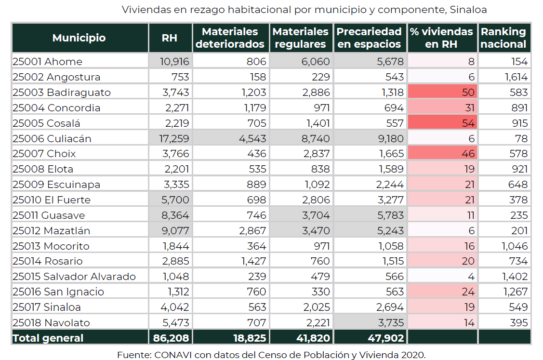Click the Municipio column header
coord(79,38)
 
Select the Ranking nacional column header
coord(503,38)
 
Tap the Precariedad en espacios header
coord(369,38)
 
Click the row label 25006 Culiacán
coord(52,139)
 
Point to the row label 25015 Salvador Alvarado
coord(74,277)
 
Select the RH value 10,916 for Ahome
coord(174,62)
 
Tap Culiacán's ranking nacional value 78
coord(521,139)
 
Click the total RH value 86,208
coord(171,338)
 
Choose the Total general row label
coord(48,338)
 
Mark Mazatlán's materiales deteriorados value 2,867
coord(252,230)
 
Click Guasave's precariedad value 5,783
coord(390,215)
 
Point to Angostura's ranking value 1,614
coord(516,77)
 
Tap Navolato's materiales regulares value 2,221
coord(318,322)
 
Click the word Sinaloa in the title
coord(468,10)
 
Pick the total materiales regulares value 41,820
coord(313,338)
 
